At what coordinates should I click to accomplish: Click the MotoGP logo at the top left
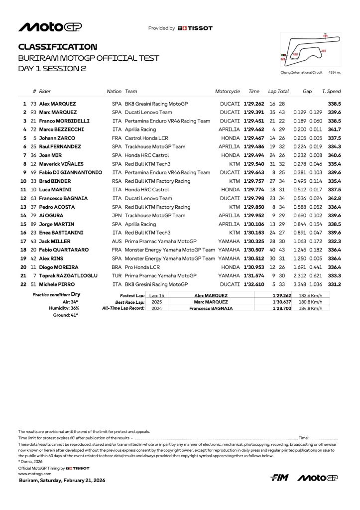coord(50,27)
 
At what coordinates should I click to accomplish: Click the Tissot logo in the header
coord(195,28)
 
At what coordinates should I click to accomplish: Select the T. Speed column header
coord(331,92)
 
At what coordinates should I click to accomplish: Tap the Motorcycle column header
coord(228,92)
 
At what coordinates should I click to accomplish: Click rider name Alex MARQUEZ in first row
coord(58,104)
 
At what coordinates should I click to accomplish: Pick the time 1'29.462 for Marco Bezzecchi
coord(254,129)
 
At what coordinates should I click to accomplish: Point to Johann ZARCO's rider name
coord(56,138)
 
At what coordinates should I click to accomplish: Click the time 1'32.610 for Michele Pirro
coord(254,284)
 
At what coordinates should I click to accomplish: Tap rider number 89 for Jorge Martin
coord(34,224)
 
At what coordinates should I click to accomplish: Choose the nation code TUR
coord(117,275)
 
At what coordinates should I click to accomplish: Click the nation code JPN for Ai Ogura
coord(117,215)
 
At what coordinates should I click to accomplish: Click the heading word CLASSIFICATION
coord(58,47)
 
